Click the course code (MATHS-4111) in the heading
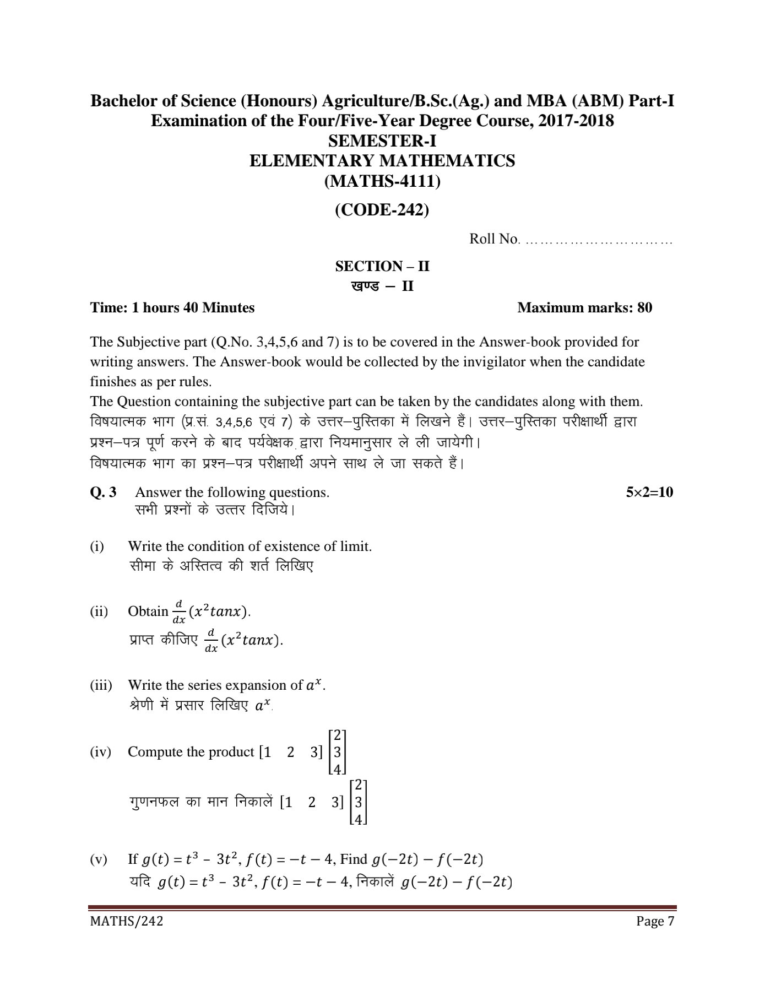[x=382, y=181]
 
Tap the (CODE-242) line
[x=382, y=210]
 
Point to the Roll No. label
[x=494, y=239]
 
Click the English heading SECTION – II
[x=382, y=267]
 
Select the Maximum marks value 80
[x=644, y=307]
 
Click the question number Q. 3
[x=104, y=492]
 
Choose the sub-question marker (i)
[x=97, y=547]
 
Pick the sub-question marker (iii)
[x=101, y=685]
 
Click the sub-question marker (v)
[x=99, y=859]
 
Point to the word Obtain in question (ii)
[x=148, y=611]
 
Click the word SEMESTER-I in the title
[x=382, y=141]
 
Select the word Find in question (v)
[x=354, y=859]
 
